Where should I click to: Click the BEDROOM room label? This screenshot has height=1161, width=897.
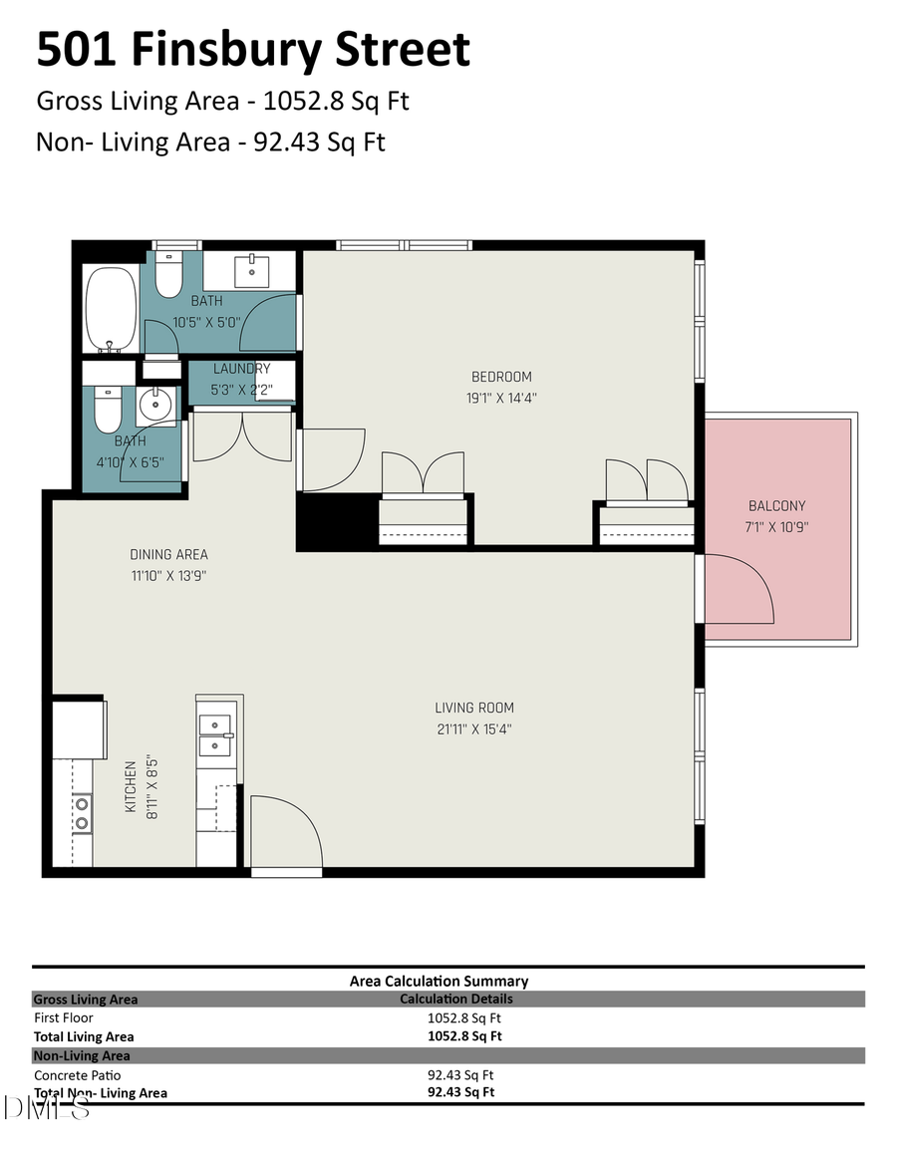point(501,377)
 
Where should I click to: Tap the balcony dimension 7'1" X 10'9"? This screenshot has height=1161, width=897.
point(777,526)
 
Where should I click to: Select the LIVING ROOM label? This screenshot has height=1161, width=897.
point(474,709)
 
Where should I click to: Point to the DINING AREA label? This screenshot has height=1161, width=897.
point(168,555)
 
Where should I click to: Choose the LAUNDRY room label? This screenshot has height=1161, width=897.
point(241,369)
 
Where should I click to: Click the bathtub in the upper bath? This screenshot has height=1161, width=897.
point(111,309)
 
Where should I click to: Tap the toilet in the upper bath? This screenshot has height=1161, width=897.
point(169,273)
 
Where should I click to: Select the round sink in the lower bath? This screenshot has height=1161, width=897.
point(155,405)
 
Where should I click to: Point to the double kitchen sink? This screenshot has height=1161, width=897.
point(215,734)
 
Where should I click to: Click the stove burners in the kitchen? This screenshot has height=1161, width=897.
point(82,811)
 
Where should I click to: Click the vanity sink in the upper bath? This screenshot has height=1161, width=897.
point(251,268)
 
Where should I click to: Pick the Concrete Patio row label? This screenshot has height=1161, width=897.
point(77,1075)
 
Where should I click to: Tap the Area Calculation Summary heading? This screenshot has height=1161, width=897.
point(439,981)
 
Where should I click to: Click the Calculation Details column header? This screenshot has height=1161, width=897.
point(455,999)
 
